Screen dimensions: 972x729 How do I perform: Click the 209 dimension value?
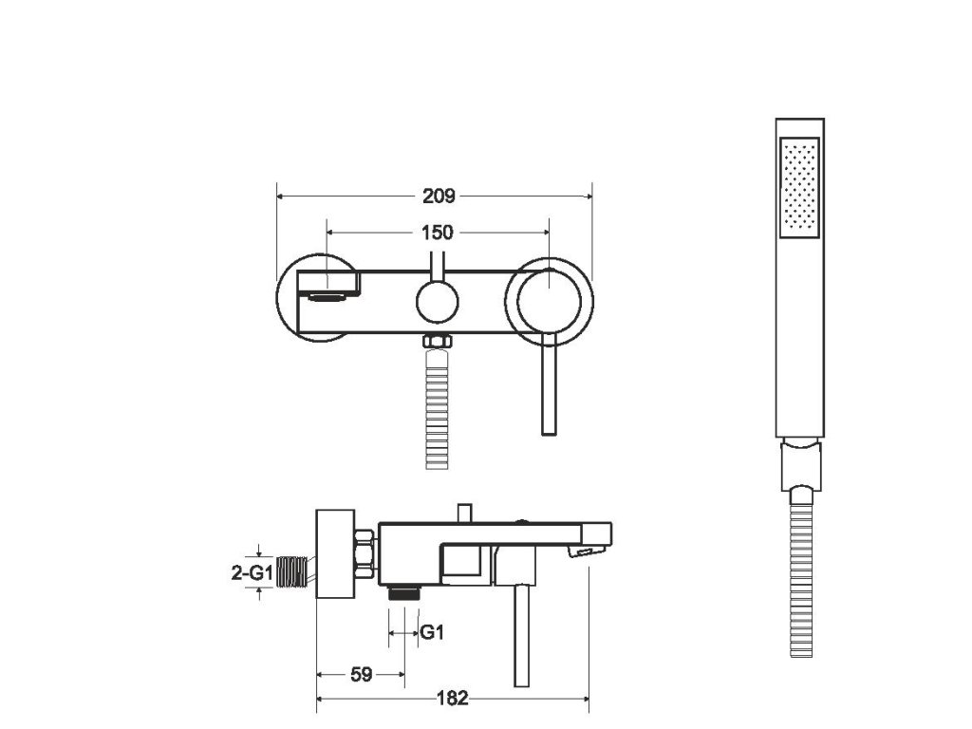point(439,196)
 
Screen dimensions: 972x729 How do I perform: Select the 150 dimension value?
point(439,232)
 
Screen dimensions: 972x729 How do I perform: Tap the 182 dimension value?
point(454,699)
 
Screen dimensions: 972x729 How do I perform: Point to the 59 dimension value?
point(361,675)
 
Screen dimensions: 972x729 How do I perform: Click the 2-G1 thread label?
point(253,572)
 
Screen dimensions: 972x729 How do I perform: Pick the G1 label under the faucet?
point(432,633)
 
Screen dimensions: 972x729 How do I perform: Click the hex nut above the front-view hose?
point(436,343)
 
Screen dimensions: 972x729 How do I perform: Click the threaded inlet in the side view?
point(297,572)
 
